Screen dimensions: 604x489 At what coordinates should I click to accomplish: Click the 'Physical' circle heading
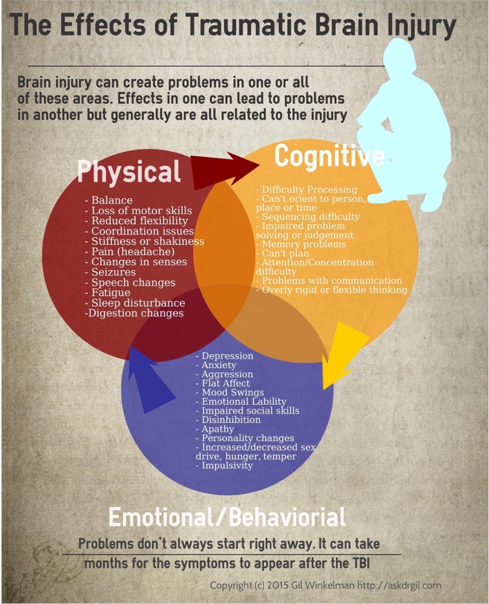pyautogui.click(x=129, y=172)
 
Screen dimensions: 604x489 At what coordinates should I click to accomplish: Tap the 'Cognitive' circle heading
pyautogui.click(x=329, y=156)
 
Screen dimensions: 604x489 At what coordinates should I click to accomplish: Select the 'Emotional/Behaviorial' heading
pyautogui.click(x=227, y=517)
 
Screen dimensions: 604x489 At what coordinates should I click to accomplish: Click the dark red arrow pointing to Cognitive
pyautogui.click(x=226, y=166)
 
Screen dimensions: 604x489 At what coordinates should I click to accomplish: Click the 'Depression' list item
pyautogui.click(x=228, y=356)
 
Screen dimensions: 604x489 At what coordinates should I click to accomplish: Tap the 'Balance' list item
pyautogui.click(x=112, y=200)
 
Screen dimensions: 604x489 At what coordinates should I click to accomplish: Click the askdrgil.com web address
pyautogui.click(x=416, y=586)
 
